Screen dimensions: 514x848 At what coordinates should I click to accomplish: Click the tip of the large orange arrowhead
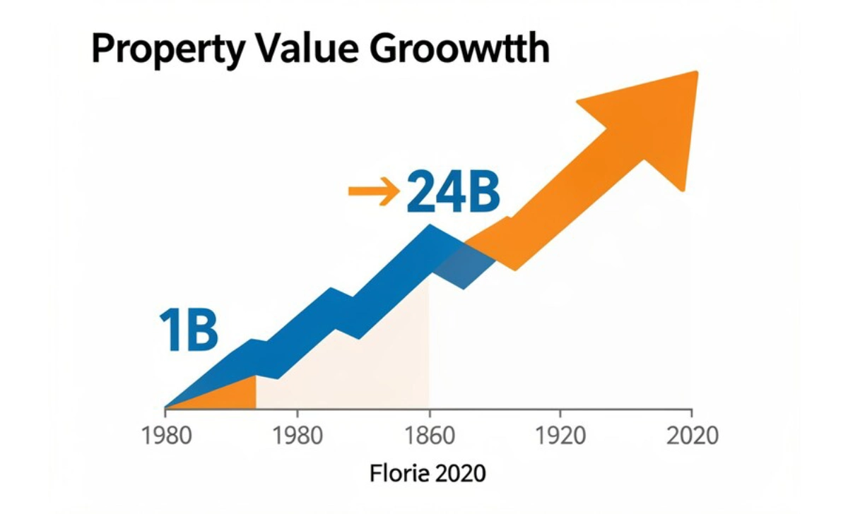point(696,73)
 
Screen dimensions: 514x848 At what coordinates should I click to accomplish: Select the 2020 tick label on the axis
point(692,435)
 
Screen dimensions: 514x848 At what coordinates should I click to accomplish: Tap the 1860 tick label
point(429,435)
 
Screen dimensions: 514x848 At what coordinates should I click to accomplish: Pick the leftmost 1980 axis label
point(167,435)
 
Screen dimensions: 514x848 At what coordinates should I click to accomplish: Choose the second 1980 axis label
point(298,435)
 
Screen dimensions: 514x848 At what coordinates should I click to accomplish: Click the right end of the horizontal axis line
point(691,408)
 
